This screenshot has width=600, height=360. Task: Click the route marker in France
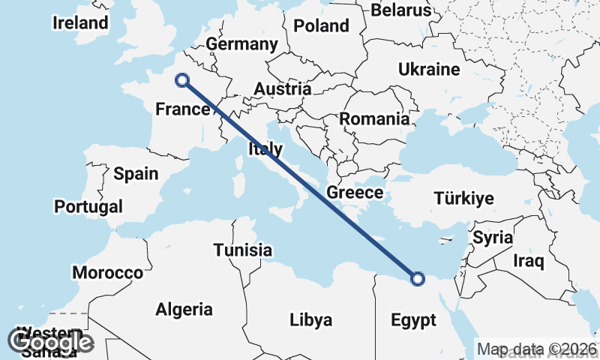(181, 79)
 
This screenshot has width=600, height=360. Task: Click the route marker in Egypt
(418, 279)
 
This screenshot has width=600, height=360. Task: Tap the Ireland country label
(80, 22)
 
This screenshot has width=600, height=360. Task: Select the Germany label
(242, 44)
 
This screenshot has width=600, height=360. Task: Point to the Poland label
(321, 26)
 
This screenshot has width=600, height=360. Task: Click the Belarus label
(402, 10)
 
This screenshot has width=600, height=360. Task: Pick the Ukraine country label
(428, 70)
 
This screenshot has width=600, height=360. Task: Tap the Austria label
(282, 89)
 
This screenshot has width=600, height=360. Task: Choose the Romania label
(374, 118)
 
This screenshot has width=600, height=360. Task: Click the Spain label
(136, 174)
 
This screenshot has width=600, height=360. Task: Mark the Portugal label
(88, 205)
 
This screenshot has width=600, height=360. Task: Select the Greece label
(355, 193)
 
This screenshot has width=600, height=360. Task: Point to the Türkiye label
(463, 199)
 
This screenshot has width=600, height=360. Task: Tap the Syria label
(493, 238)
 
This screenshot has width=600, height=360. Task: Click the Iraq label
(528, 262)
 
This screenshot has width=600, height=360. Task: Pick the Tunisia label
(242, 250)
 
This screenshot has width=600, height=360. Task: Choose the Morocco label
(107, 272)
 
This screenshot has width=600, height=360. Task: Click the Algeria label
(184, 309)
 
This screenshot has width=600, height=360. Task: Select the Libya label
(310, 321)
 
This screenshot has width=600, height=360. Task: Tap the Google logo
(50, 341)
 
